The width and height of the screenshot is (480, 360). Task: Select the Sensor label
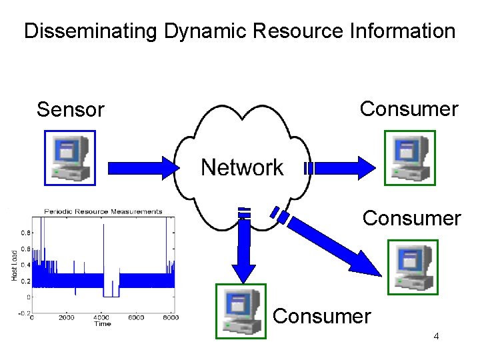point(71,109)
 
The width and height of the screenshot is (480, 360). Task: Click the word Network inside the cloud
point(242,167)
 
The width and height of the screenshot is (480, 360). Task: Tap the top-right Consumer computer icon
point(410,158)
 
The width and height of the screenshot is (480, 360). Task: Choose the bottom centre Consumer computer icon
point(240,311)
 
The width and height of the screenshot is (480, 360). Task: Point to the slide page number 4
point(436,336)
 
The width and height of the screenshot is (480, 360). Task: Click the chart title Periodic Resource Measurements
point(103,212)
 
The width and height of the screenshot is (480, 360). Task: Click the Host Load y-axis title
point(15,265)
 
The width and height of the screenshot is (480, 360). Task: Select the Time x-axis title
point(102,324)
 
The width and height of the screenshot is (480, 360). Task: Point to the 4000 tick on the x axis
point(101,318)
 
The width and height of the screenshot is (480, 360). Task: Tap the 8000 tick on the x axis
point(170,318)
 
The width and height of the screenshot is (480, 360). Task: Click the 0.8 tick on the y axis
point(25,233)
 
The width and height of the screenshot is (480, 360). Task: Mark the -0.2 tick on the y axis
point(23,312)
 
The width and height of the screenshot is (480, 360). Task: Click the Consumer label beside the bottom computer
point(321,315)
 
